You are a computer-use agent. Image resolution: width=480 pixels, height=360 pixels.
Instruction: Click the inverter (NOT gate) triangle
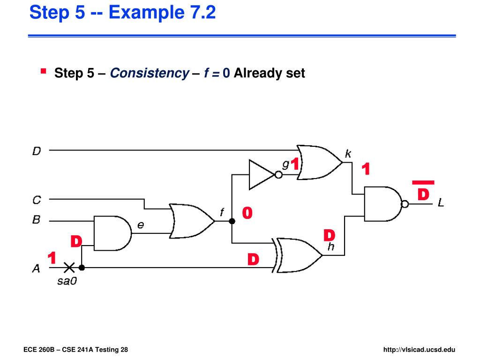(261, 175)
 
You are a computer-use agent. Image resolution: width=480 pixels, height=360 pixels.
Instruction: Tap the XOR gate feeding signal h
(300, 255)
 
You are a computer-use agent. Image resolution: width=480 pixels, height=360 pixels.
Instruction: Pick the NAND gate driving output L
(382, 204)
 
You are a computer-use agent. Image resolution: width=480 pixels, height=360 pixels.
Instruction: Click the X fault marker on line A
(69, 268)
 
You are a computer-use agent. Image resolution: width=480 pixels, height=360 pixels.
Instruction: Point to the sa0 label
(67, 281)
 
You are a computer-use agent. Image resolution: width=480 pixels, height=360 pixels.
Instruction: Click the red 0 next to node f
(247, 213)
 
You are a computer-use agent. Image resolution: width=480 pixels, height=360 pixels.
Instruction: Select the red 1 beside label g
(294, 165)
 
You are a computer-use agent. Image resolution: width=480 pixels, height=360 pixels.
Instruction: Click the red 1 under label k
(366, 170)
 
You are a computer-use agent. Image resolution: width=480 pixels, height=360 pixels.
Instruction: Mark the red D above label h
(330, 235)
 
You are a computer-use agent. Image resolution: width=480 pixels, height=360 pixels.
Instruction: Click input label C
(37, 200)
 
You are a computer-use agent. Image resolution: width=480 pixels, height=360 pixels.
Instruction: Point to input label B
(37, 219)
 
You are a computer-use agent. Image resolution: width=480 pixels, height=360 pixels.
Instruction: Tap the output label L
(441, 203)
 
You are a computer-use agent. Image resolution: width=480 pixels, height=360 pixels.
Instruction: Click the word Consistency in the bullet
(149, 73)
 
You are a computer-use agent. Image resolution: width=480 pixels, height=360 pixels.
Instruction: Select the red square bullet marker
(43, 71)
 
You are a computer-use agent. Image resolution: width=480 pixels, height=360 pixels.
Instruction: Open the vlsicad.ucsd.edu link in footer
(419, 350)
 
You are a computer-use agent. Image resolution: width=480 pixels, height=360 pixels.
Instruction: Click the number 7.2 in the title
(199, 12)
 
